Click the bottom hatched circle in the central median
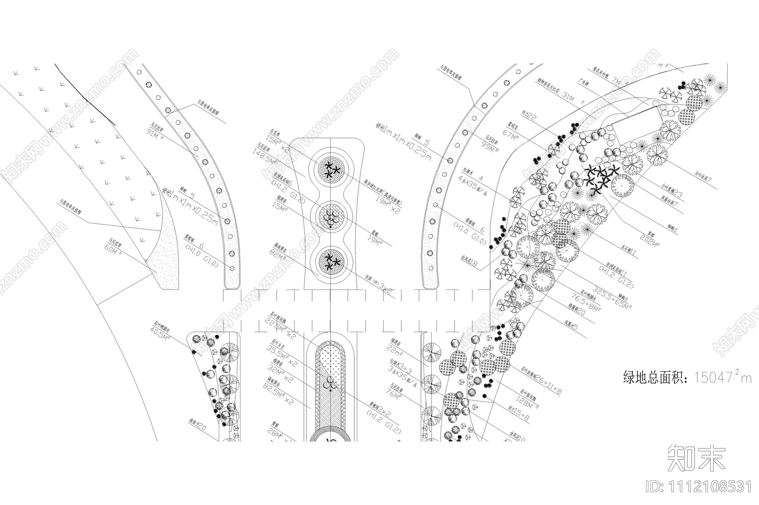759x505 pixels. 331,261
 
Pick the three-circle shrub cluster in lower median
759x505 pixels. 330,385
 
